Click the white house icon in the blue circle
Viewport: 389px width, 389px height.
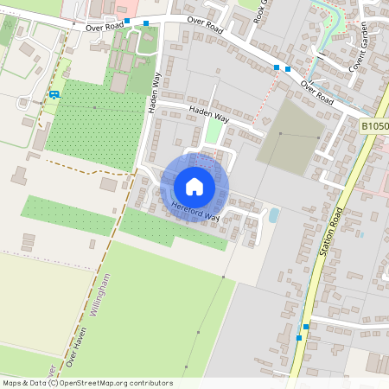click(x=194, y=187)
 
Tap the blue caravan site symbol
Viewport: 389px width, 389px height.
click(x=54, y=94)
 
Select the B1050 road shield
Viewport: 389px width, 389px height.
click(x=373, y=126)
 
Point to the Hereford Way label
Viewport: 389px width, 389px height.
click(x=195, y=207)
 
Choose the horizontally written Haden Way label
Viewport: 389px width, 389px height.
click(x=210, y=112)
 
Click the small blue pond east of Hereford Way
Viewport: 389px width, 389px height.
click(x=274, y=214)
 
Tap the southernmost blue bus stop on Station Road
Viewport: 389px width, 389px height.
click(x=299, y=337)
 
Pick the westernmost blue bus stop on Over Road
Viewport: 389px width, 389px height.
click(x=127, y=21)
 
